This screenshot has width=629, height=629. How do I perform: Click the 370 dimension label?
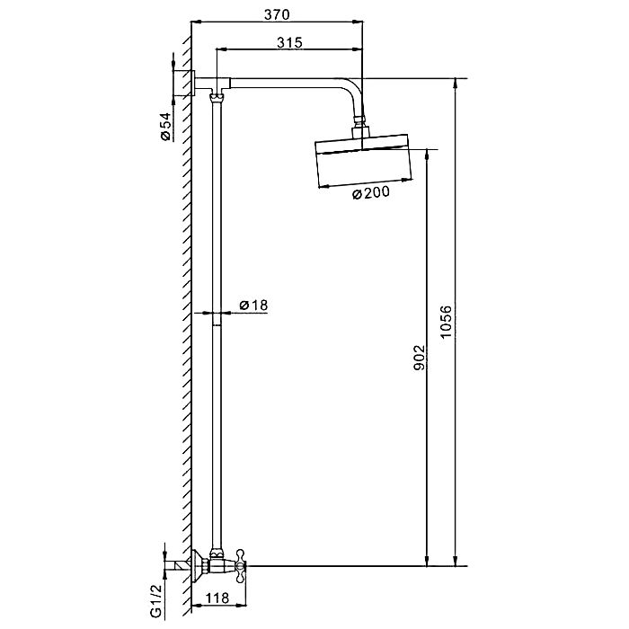[277, 14]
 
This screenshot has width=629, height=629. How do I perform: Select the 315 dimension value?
[289, 42]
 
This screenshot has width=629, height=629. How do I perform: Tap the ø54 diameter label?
[165, 127]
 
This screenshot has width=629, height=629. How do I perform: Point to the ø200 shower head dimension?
[370, 193]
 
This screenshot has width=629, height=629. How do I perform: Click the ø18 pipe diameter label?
[253, 305]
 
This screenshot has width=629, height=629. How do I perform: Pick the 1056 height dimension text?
[446, 322]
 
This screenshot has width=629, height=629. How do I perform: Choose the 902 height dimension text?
[419, 357]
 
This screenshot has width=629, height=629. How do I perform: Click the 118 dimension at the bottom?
[217, 598]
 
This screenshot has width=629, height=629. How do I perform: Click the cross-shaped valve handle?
[240, 566]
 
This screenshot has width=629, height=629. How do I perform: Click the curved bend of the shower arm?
[353, 93]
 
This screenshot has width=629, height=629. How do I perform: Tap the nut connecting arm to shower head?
[359, 120]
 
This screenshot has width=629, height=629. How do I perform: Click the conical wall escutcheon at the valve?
[199, 565]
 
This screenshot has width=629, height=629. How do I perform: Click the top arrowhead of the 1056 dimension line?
[456, 84]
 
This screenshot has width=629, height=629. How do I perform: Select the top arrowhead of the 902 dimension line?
[428, 155]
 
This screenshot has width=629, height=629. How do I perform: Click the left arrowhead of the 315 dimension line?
[222, 49]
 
